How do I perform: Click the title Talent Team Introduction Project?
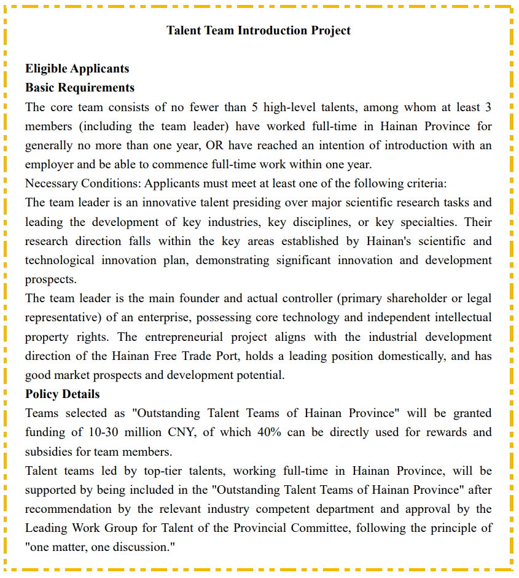coord(259,30)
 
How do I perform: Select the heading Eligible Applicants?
coord(77,68)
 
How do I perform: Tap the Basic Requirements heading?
coord(80,87)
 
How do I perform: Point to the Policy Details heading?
coord(62,394)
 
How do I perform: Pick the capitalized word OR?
coord(215,145)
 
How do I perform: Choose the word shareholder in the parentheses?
coord(409,299)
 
